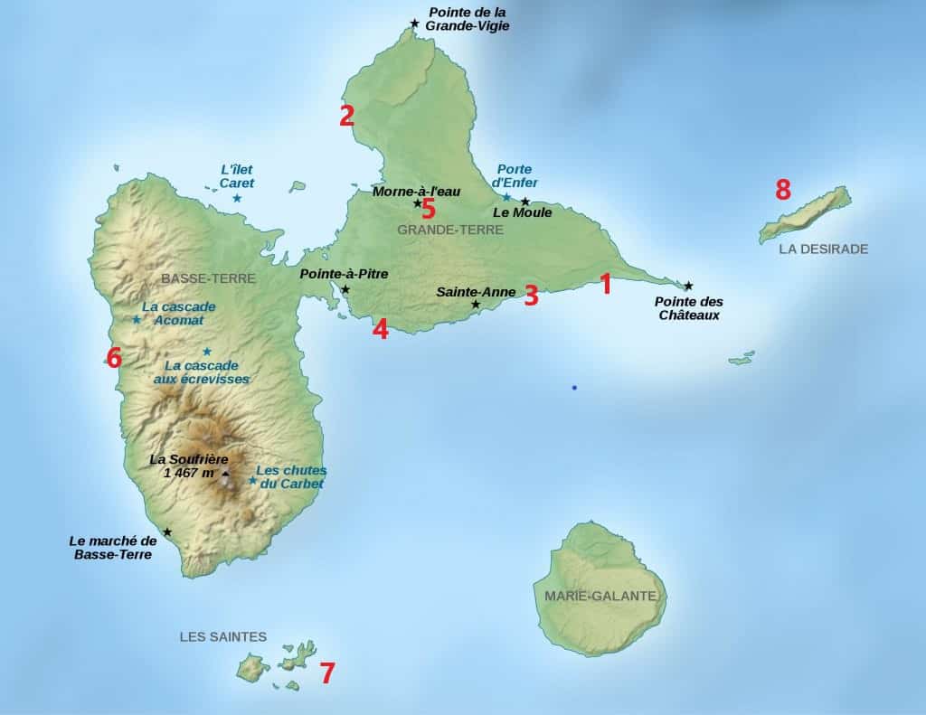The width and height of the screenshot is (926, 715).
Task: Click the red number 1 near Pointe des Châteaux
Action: click(606, 284)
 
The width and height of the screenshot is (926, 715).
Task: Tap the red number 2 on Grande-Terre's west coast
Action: click(346, 116)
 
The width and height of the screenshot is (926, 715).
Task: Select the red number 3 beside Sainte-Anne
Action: click(531, 296)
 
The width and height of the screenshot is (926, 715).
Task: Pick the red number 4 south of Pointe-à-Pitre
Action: click(381, 329)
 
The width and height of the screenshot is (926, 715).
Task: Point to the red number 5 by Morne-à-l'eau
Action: click(429, 210)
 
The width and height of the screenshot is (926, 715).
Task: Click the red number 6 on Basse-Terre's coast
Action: click(114, 358)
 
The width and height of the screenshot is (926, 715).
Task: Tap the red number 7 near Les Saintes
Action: click(327, 673)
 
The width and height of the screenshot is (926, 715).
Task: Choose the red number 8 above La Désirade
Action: click(782, 190)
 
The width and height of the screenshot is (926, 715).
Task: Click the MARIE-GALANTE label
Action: click(600, 596)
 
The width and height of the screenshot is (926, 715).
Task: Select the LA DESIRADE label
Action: click(823, 249)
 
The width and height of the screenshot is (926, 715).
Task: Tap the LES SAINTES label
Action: click(223, 636)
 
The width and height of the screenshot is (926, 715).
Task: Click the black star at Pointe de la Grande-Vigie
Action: click(414, 24)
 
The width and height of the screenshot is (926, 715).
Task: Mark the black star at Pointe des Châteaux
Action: click(688, 286)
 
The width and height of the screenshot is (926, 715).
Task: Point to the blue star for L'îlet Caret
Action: click(237, 198)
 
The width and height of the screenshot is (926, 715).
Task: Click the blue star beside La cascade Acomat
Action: click(137, 319)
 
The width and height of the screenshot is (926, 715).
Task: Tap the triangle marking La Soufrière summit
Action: click(225, 472)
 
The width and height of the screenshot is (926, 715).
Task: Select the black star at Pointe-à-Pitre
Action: click(345, 289)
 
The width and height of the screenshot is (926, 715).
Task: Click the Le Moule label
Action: click(522, 212)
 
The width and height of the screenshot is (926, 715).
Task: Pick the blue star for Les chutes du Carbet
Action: click(252, 480)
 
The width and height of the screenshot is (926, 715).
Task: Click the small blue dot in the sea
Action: click(573, 388)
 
